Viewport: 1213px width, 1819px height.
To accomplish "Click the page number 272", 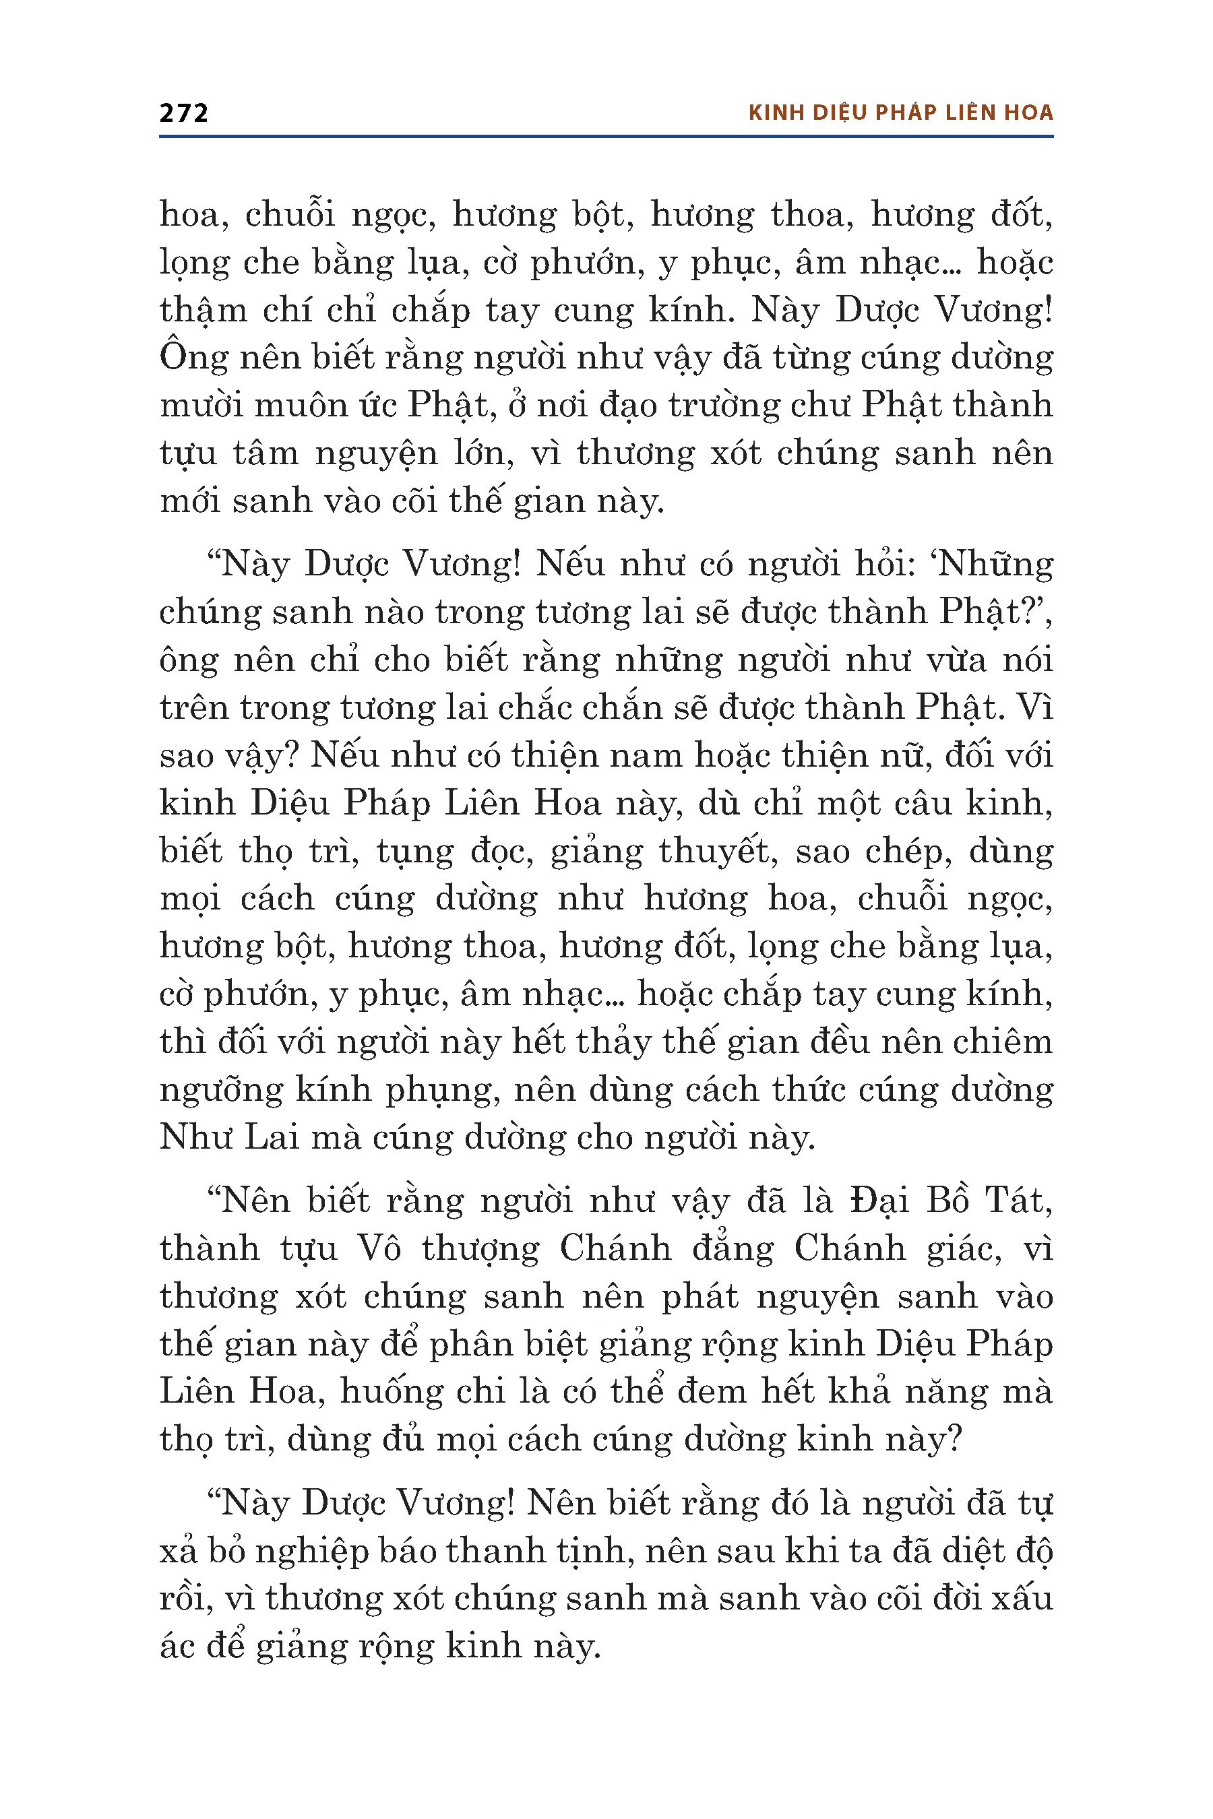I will [x=184, y=113].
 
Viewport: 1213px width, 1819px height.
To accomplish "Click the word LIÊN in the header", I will [x=966, y=113].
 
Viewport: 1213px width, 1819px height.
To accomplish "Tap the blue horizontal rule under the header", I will [x=606, y=137].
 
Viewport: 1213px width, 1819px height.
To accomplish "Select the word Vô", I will [x=378, y=1248].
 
